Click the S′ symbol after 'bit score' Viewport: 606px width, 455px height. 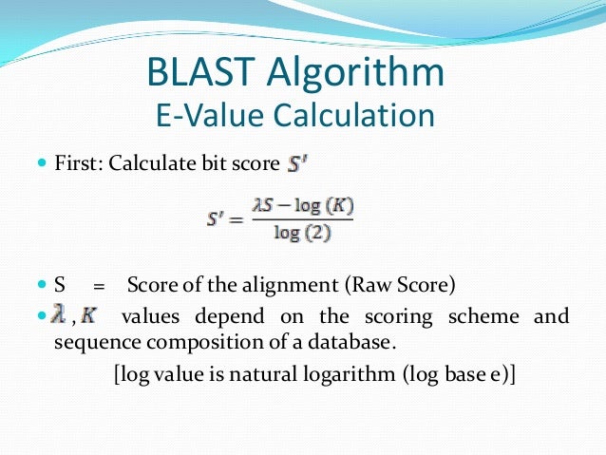[298, 163]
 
